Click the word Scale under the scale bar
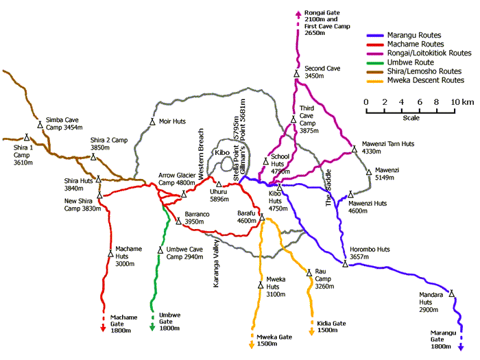[411, 117]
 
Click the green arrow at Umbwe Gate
[152, 328]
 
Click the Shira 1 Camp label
[17, 151]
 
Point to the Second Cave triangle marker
[296, 73]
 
